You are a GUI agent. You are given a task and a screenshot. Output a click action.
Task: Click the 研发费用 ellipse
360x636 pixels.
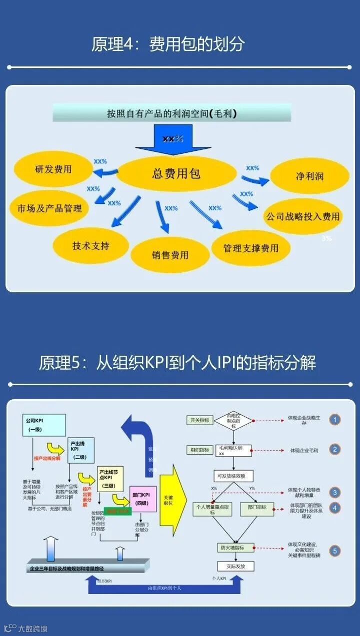tap(53, 169)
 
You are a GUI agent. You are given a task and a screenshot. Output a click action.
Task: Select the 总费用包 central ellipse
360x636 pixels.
tap(176, 173)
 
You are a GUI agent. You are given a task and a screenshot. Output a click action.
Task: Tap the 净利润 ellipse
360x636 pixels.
tap(309, 176)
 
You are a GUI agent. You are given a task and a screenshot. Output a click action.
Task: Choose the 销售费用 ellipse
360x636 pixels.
tap(170, 255)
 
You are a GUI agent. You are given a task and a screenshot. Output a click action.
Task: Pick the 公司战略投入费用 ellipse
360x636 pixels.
tap(303, 216)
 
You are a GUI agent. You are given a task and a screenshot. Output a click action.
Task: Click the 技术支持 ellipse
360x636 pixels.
tap(90, 245)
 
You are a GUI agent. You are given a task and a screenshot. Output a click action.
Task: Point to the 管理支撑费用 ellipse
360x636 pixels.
tap(250, 248)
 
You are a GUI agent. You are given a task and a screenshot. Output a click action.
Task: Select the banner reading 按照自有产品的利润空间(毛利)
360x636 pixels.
tap(172, 113)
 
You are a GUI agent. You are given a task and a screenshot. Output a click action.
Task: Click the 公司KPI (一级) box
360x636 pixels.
tap(43, 425)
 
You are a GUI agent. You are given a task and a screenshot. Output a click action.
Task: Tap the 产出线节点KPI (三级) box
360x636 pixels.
tap(110, 479)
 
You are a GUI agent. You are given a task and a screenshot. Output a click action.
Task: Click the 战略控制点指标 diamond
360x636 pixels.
tap(233, 421)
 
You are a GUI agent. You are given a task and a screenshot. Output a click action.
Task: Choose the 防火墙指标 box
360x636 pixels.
tap(233, 548)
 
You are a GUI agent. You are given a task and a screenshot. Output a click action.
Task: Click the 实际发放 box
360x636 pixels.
tap(233, 566)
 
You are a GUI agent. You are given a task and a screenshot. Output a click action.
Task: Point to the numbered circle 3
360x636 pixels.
tap(335, 492)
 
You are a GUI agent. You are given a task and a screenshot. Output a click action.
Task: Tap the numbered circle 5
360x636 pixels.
tap(335, 552)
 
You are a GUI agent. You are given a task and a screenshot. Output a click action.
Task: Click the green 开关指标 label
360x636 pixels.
tap(199, 420)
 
